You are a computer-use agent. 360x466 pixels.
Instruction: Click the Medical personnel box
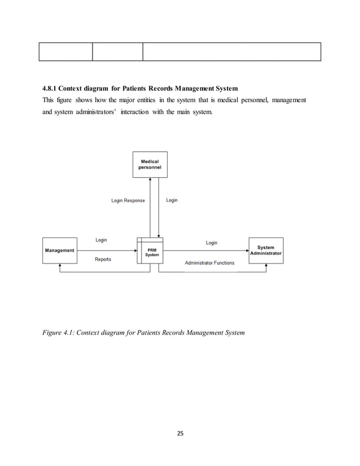(150, 165)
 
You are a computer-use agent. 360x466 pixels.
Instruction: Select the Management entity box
(59, 250)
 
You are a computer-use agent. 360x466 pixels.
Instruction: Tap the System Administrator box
(266, 250)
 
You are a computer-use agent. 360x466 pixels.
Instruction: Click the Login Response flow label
(128, 201)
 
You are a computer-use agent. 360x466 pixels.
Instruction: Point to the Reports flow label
(103, 260)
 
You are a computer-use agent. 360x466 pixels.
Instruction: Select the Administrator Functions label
(209, 263)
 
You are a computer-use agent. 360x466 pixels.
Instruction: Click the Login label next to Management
(101, 240)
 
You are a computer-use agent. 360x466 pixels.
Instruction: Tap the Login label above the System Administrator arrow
(211, 243)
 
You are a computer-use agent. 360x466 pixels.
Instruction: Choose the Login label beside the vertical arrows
(172, 200)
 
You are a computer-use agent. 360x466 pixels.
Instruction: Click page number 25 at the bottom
(180, 434)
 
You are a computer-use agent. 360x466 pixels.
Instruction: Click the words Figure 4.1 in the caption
(58, 333)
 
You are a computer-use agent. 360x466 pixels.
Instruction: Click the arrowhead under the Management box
(59, 267)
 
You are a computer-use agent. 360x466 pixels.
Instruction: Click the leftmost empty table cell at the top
(65, 51)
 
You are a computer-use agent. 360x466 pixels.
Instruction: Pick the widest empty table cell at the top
(231, 51)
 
